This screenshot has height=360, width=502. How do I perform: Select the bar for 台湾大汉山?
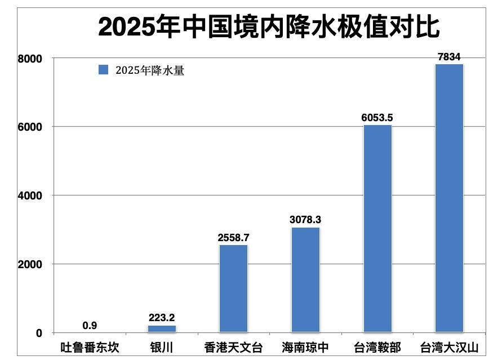tap(449, 197)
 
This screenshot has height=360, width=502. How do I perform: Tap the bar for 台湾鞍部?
tap(377, 228)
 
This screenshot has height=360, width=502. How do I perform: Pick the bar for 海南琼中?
tap(305, 279)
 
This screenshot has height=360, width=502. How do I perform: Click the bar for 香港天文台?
tap(233, 288)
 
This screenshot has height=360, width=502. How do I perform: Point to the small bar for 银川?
tap(162, 328)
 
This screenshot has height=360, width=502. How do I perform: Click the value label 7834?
tap(449, 56)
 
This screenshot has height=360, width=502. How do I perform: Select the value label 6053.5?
tap(377, 117)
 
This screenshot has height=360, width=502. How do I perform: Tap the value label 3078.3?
tap(305, 220)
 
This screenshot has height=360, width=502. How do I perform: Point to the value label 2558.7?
tap(233, 237)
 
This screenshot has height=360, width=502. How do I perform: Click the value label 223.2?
tap(162, 318)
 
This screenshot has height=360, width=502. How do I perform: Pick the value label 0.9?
tap(90, 325)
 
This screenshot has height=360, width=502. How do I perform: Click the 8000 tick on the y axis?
tap(31, 58)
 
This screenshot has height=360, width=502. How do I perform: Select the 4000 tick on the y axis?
tap(31, 195)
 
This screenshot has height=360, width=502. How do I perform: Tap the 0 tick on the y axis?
tap(39, 333)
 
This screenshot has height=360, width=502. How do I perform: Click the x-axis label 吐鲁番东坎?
tap(90, 347)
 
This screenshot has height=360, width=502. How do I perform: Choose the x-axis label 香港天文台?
tap(233, 347)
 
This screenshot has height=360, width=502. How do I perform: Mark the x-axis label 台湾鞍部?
tap(377, 347)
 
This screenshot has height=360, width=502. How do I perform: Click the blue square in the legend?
tap(103, 70)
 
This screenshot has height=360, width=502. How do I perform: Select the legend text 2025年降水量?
tap(150, 70)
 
